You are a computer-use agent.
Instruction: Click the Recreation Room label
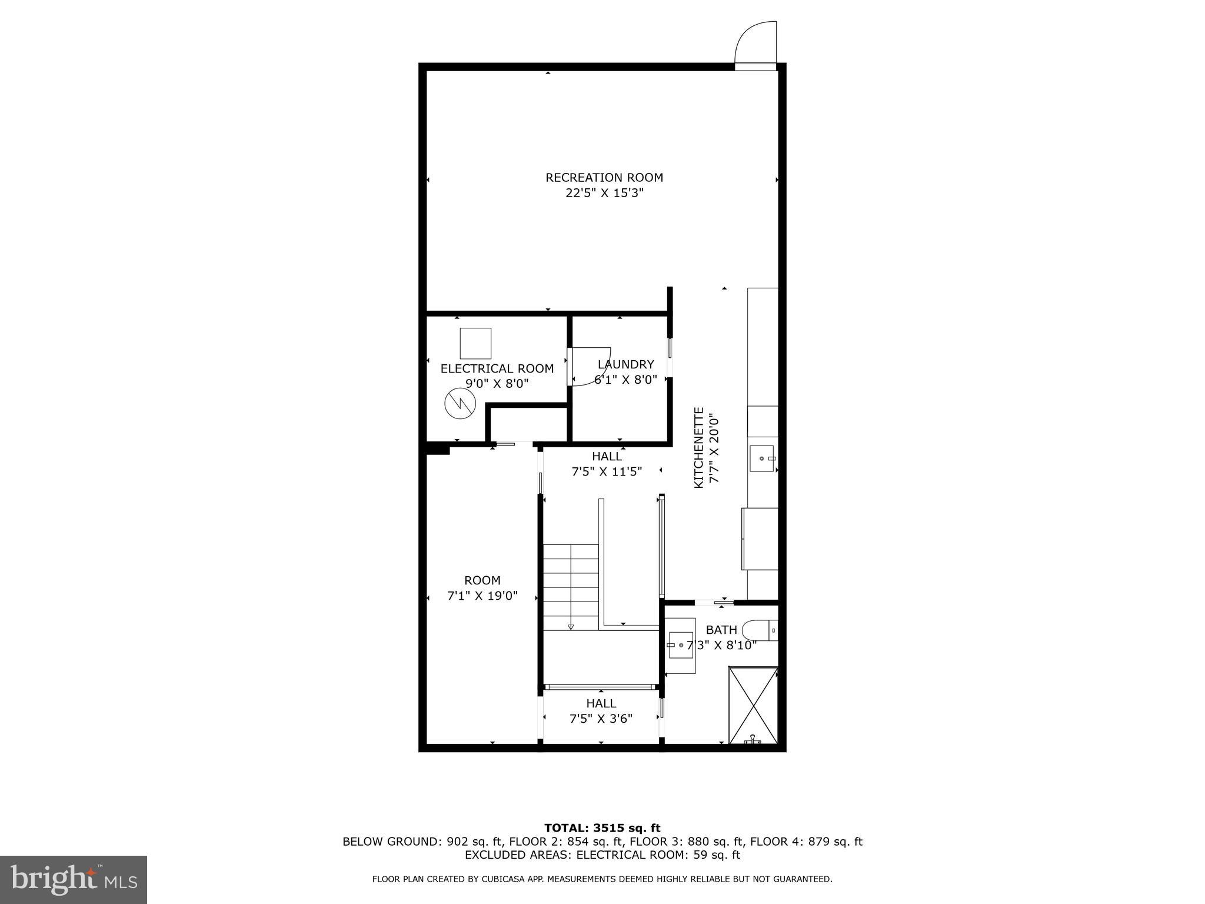tap(604, 177)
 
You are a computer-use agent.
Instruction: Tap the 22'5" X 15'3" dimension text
tap(604, 193)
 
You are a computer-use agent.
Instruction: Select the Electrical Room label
tap(497, 368)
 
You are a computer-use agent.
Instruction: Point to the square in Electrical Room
tap(475, 343)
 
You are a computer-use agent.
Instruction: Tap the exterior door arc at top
tap(755, 41)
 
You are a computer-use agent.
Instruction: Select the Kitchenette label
tap(699, 447)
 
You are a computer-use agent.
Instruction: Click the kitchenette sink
tap(763, 458)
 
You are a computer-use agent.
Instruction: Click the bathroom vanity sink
tap(681, 645)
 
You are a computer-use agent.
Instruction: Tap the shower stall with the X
tap(753, 704)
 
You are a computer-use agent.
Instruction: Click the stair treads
tap(570, 586)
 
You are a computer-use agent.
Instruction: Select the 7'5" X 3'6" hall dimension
tap(601, 719)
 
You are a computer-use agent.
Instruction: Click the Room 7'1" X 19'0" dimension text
tap(482, 596)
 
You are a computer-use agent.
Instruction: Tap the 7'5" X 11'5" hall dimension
tap(607, 471)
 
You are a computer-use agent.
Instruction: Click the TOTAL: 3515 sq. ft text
tap(602, 829)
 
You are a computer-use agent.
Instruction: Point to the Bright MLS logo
tap(74, 879)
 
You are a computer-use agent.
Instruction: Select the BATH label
tap(721, 630)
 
